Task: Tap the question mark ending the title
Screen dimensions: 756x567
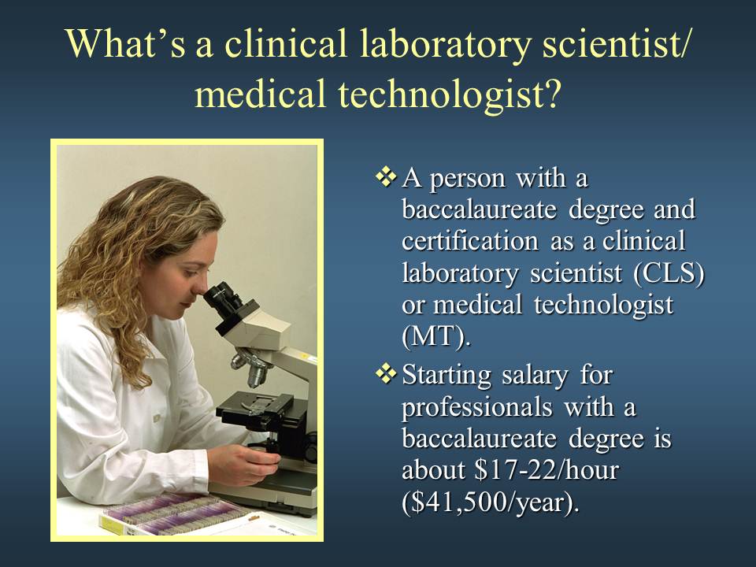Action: pyautogui.click(x=553, y=92)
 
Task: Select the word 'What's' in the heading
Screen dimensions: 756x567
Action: pyautogui.click(x=125, y=43)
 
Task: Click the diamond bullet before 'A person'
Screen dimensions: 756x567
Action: pyautogui.click(x=386, y=176)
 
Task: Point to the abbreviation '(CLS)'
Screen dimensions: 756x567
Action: pyautogui.click(x=669, y=273)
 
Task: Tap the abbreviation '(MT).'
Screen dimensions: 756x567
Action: pyautogui.click(x=435, y=337)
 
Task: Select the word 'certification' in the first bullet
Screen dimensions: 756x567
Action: pyautogui.click(x=470, y=241)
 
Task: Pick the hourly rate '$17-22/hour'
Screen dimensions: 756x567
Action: pyautogui.click(x=547, y=469)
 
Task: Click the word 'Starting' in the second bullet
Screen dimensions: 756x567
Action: pyautogui.click(x=447, y=375)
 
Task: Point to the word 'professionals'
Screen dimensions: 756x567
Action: pyautogui.click(x=477, y=408)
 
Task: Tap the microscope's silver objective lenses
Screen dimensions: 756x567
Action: pyautogui.click(x=250, y=366)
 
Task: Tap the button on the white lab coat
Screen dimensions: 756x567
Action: pyautogui.click(x=157, y=418)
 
